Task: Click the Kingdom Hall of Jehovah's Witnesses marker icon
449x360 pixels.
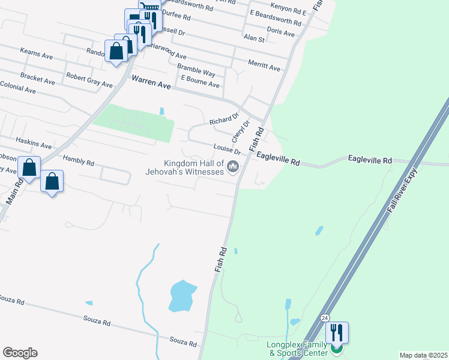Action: [x=234, y=167]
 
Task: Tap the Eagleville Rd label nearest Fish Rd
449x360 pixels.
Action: [x=278, y=158]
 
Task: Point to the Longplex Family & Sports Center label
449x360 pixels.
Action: [x=297, y=349]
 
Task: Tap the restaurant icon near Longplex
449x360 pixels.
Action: [x=337, y=332]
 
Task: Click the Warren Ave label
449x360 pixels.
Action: [x=151, y=82]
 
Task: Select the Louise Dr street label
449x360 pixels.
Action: [x=227, y=149]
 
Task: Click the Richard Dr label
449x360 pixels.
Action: [x=224, y=121]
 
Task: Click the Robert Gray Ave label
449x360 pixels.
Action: [x=89, y=80]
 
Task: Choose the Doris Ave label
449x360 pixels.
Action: [x=280, y=32]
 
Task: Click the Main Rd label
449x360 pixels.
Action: [x=14, y=193]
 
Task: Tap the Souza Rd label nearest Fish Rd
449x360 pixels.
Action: [x=183, y=342]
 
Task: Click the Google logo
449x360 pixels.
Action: [x=20, y=353]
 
